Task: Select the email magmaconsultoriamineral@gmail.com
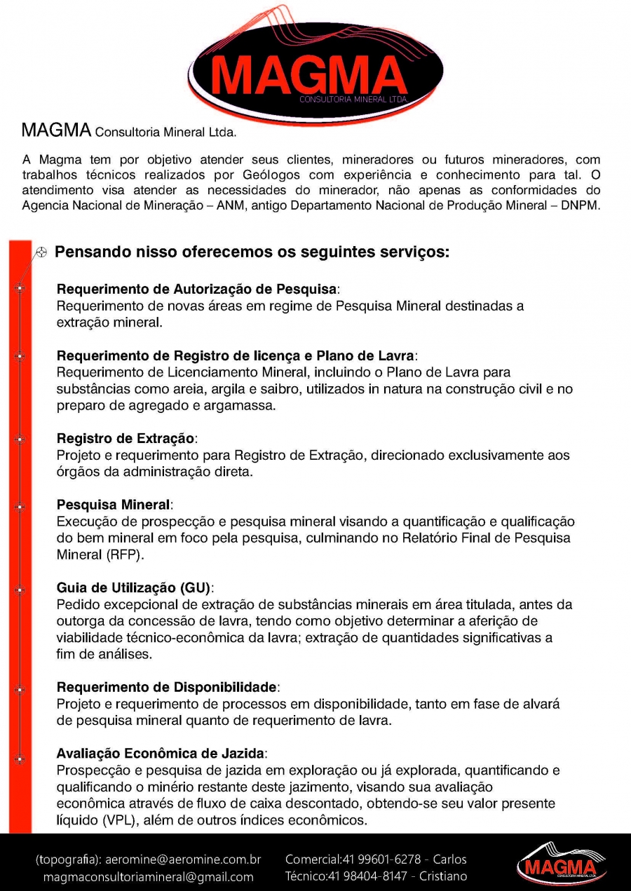point(148,877)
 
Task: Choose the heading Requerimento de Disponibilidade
point(168,686)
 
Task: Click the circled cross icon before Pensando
point(41,253)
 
